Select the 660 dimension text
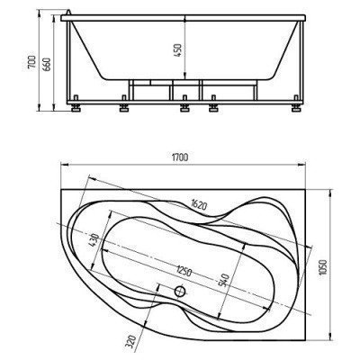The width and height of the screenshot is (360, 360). (43, 64)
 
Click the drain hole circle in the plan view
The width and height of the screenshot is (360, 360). (180, 291)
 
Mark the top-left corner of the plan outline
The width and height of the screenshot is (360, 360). (60, 188)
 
